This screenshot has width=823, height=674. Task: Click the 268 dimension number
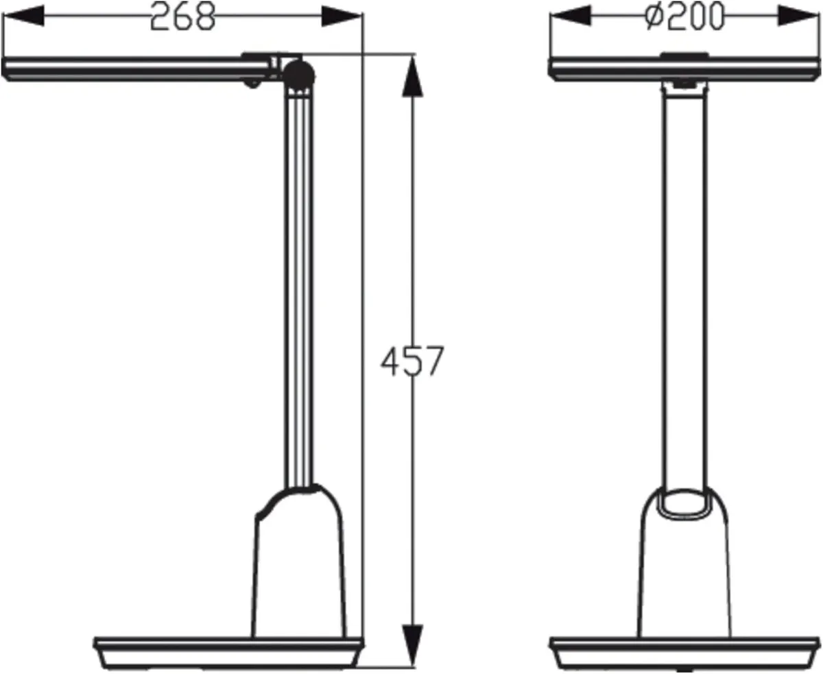(182, 17)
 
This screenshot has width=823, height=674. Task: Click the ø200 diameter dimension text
(684, 17)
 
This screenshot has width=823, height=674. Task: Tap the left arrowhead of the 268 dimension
(24, 16)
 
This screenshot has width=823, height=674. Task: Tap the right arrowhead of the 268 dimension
(341, 16)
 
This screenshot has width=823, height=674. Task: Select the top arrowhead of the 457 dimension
(412, 75)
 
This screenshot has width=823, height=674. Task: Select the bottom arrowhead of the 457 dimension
(412, 645)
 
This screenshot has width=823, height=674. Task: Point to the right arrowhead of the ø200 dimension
(799, 16)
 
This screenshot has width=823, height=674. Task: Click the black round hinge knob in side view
(300, 73)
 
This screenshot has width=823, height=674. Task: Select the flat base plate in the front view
(684, 652)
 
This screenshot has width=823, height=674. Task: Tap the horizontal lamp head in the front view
(684, 69)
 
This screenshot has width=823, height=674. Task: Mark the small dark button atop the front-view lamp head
(684, 55)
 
